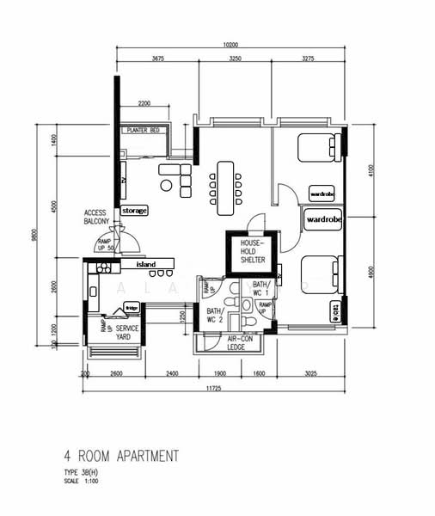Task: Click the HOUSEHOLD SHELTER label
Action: pyautogui.click(x=253, y=253)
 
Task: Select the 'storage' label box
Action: pyautogui.click(x=134, y=210)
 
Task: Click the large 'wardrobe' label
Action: pyautogui.click(x=324, y=219)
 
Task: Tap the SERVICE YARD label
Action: pyautogui.click(x=127, y=332)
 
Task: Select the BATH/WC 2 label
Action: pyautogui.click(x=215, y=315)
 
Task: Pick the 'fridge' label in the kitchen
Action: pyautogui.click(x=132, y=307)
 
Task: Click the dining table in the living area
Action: pyautogui.click(x=226, y=187)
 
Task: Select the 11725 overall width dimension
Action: pyautogui.click(x=215, y=390)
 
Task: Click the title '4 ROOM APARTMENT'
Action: pyautogui.click(x=120, y=455)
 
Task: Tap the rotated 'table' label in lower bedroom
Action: pyautogui.click(x=334, y=309)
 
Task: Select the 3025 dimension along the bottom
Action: pyautogui.click(x=311, y=374)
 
